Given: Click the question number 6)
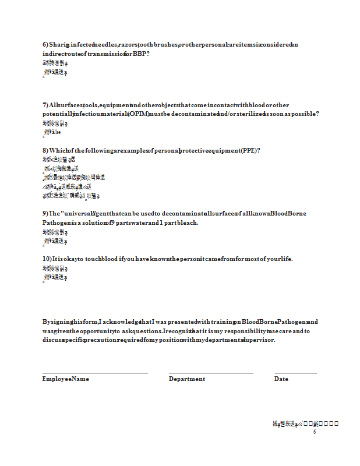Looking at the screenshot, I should tap(45, 45).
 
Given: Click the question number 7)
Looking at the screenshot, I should tap(45, 105).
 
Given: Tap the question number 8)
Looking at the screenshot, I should tap(45, 150).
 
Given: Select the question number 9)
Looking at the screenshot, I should tap(45, 213).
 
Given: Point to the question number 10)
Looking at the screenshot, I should tap(47, 259).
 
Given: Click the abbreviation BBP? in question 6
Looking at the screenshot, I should tap(142, 54).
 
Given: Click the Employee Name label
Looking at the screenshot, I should tap(65, 379).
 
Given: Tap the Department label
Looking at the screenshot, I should tap(186, 379).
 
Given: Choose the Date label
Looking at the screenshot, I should tap(281, 379).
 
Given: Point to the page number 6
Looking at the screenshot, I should tap(314, 432).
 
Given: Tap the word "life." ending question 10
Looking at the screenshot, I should tap(285, 259).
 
